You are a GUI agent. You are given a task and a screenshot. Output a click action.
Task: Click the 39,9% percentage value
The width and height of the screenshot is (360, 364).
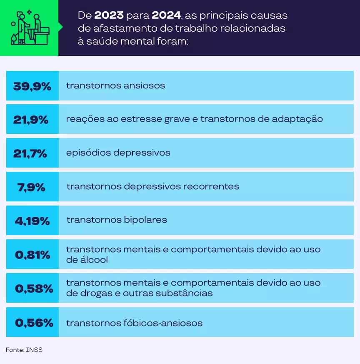tap(32, 86)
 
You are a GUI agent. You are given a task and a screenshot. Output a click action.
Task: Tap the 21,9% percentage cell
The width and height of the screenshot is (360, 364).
tap(31, 119)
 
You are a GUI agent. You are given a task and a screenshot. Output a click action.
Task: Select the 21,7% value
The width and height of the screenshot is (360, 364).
tap(30, 153)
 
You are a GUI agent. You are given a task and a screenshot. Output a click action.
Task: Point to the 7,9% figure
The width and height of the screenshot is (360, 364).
tap(31, 187)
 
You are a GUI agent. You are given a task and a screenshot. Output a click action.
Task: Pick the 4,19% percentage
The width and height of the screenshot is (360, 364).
tap(32, 220)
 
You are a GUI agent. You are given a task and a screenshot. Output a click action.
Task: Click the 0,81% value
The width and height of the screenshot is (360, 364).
tap(32, 254)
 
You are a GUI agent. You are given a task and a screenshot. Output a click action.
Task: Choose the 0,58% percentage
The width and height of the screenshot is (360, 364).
tap(34, 288)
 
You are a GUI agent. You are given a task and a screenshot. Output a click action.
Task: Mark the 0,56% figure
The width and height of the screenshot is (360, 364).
tap(34, 322)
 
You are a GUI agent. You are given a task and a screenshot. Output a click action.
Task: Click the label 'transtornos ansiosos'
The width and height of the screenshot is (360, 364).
tap(115, 85)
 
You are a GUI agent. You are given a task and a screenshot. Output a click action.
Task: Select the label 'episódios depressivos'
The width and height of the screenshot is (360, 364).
tap(118, 153)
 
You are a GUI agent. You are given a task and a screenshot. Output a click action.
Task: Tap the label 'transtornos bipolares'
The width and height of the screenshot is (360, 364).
tap(116, 219)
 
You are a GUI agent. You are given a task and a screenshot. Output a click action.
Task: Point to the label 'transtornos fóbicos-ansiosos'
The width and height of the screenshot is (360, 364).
tap(134, 323)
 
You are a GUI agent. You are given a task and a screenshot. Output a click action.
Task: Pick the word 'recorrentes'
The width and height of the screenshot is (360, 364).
tap(215, 186)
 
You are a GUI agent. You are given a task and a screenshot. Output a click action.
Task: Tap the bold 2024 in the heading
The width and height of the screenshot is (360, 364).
tap(166, 16)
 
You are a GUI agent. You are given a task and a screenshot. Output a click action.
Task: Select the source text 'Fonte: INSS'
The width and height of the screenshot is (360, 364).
tap(24, 350)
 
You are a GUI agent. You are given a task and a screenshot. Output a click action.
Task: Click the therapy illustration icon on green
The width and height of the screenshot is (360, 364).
tap(29, 28)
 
